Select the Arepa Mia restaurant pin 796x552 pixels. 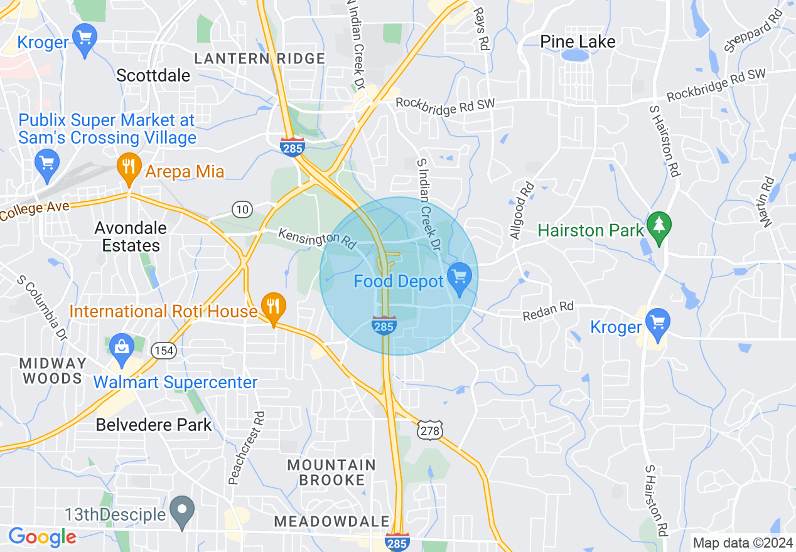point(129,167)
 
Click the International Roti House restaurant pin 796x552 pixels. point(273,307)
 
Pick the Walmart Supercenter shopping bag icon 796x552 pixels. point(121,347)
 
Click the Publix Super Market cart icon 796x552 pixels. point(46,162)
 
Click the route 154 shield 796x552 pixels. point(164,351)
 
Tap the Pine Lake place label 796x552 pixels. point(578,42)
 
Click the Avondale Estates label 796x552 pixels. point(131,236)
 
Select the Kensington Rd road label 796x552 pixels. point(316,237)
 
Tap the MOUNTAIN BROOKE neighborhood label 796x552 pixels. point(331,472)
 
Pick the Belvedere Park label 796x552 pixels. point(154,425)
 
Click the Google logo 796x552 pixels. point(42,537)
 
